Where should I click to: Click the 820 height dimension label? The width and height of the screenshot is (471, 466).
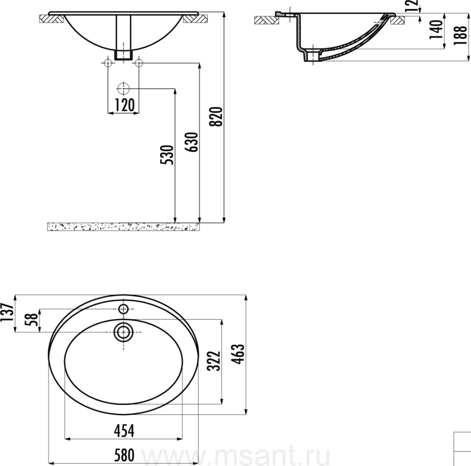pos(216,117)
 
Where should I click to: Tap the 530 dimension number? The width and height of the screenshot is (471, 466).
pos(167,155)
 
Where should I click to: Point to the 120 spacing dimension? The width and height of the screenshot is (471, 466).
pos(125,105)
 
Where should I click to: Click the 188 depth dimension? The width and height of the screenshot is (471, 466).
pos(461,36)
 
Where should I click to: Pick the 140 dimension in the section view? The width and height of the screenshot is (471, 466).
pos(436,29)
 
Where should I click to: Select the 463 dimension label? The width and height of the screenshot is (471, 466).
pos(239,354)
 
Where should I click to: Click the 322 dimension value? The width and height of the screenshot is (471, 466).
pos(214,361)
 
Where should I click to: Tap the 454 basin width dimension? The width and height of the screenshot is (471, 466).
pos(124,431)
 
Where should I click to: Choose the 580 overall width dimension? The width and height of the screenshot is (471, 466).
pos(124,456)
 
